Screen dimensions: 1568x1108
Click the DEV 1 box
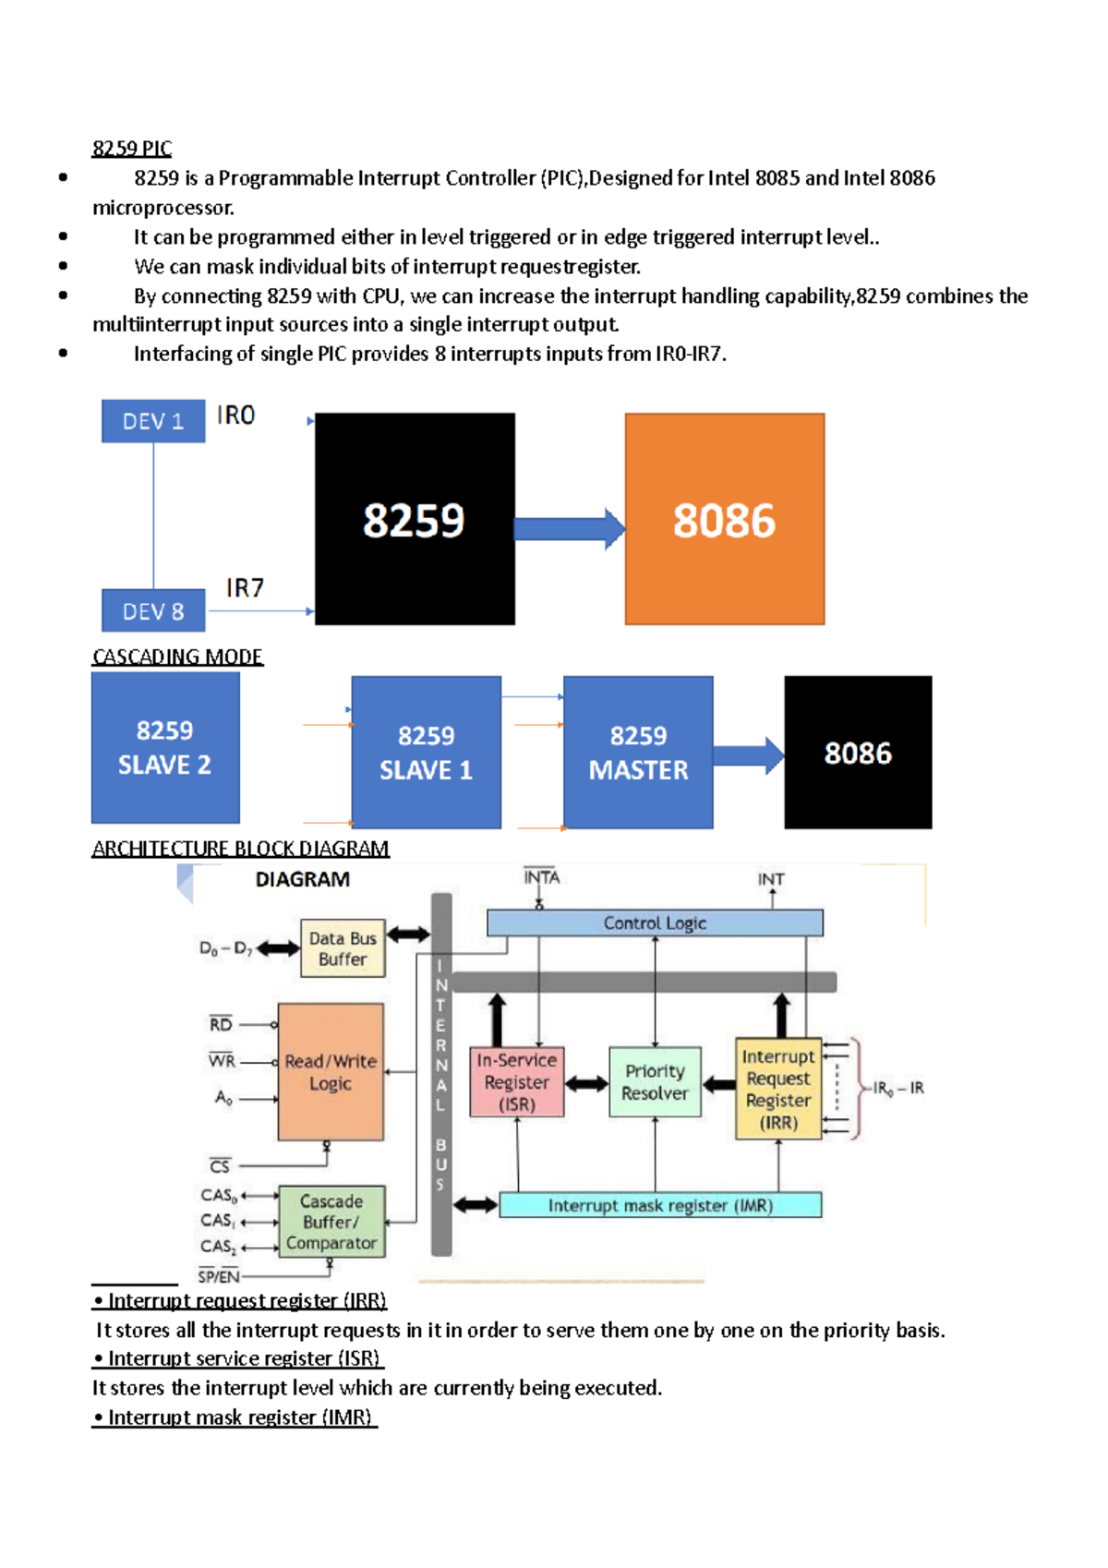(x=153, y=421)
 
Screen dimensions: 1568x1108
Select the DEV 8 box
(x=153, y=610)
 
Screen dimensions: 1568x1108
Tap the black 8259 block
(x=415, y=519)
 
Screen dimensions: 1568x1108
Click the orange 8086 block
(x=724, y=519)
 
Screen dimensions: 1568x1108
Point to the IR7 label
(x=245, y=588)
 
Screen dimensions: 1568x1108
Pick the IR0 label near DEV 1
(x=235, y=416)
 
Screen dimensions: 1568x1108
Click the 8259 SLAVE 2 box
(x=165, y=747)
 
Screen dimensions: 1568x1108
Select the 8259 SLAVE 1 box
(x=426, y=752)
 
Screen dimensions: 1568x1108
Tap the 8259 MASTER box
(x=638, y=752)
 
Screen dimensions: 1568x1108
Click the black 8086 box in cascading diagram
(x=858, y=752)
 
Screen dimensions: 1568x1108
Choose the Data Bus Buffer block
(x=343, y=948)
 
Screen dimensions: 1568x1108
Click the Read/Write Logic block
(x=331, y=1072)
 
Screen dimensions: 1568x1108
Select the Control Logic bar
(x=655, y=923)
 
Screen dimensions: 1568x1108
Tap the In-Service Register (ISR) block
(x=516, y=1082)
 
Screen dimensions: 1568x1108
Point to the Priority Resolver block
(x=655, y=1082)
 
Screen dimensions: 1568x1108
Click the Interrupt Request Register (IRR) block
(x=778, y=1089)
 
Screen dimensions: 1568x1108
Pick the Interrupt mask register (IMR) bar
(x=660, y=1205)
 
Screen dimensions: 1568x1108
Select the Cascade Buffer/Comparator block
(x=331, y=1222)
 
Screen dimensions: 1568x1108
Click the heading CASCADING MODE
(x=177, y=657)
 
